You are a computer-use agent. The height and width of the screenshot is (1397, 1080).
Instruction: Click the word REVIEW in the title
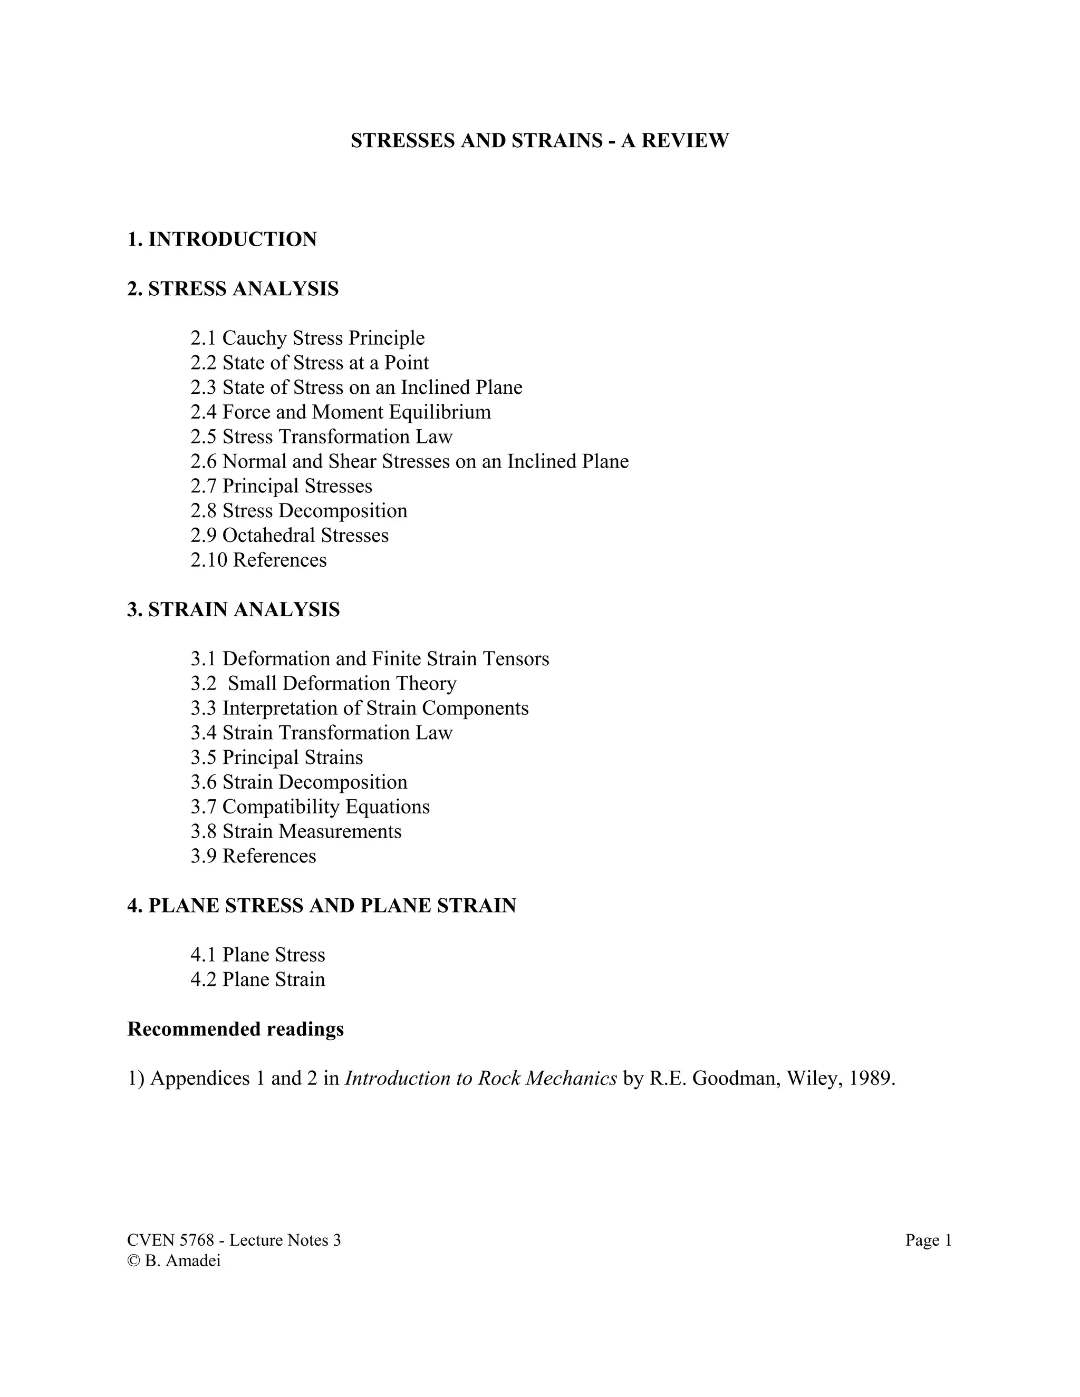click(x=684, y=141)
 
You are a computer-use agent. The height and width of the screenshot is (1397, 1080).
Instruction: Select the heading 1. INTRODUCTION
click(x=222, y=239)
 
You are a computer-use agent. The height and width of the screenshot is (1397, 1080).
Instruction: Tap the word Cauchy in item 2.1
click(x=254, y=338)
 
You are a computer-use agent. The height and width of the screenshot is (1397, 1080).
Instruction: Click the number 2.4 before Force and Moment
click(x=204, y=412)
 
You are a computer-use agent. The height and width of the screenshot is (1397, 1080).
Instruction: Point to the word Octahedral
click(x=268, y=536)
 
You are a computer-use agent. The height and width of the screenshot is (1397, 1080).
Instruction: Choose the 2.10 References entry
click(x=258, y=560)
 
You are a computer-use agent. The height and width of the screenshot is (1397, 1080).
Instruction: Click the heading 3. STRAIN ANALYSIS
click(x=234, y=609)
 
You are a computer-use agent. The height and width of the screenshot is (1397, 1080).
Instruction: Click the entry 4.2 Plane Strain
click(x=258, y=980)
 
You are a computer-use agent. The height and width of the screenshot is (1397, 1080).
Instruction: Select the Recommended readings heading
click(x=235, y=1029)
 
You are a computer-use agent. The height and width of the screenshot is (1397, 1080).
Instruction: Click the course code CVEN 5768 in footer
click(x=170, y=1241)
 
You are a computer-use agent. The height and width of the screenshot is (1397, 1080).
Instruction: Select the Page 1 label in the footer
click(x=928, y=1241)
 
